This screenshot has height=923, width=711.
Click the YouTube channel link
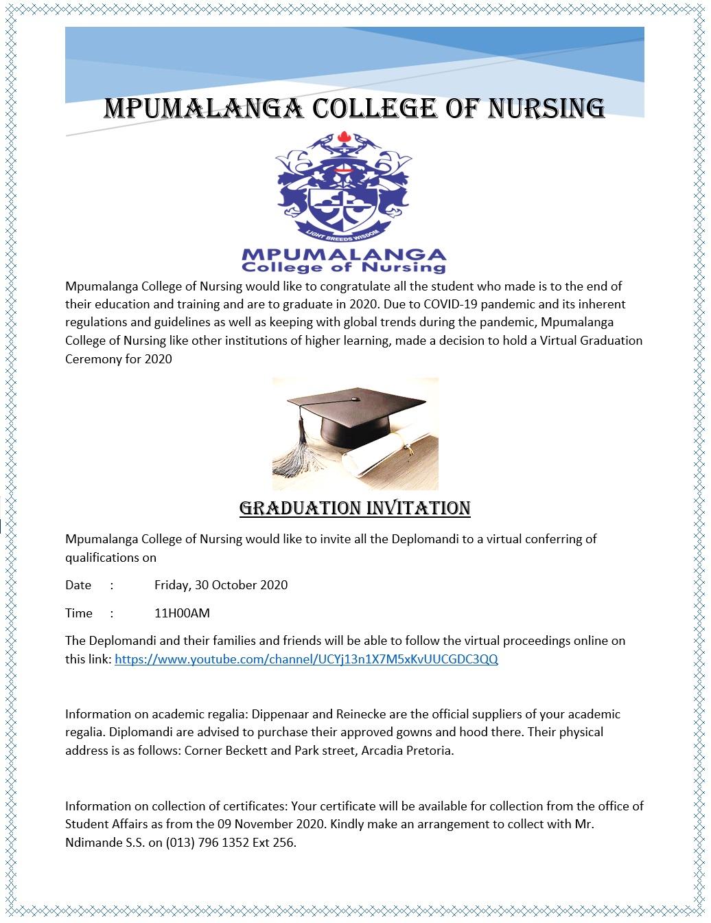click(306, 659)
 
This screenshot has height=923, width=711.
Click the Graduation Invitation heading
click(355, 508)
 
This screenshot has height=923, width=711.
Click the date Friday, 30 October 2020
click(221, 585)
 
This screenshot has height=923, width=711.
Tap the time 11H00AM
click(182, 613)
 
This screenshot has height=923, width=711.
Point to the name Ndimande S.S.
click(105, 843)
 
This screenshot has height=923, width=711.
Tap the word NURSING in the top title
click(546, 109)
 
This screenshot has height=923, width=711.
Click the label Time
click(79, 613)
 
